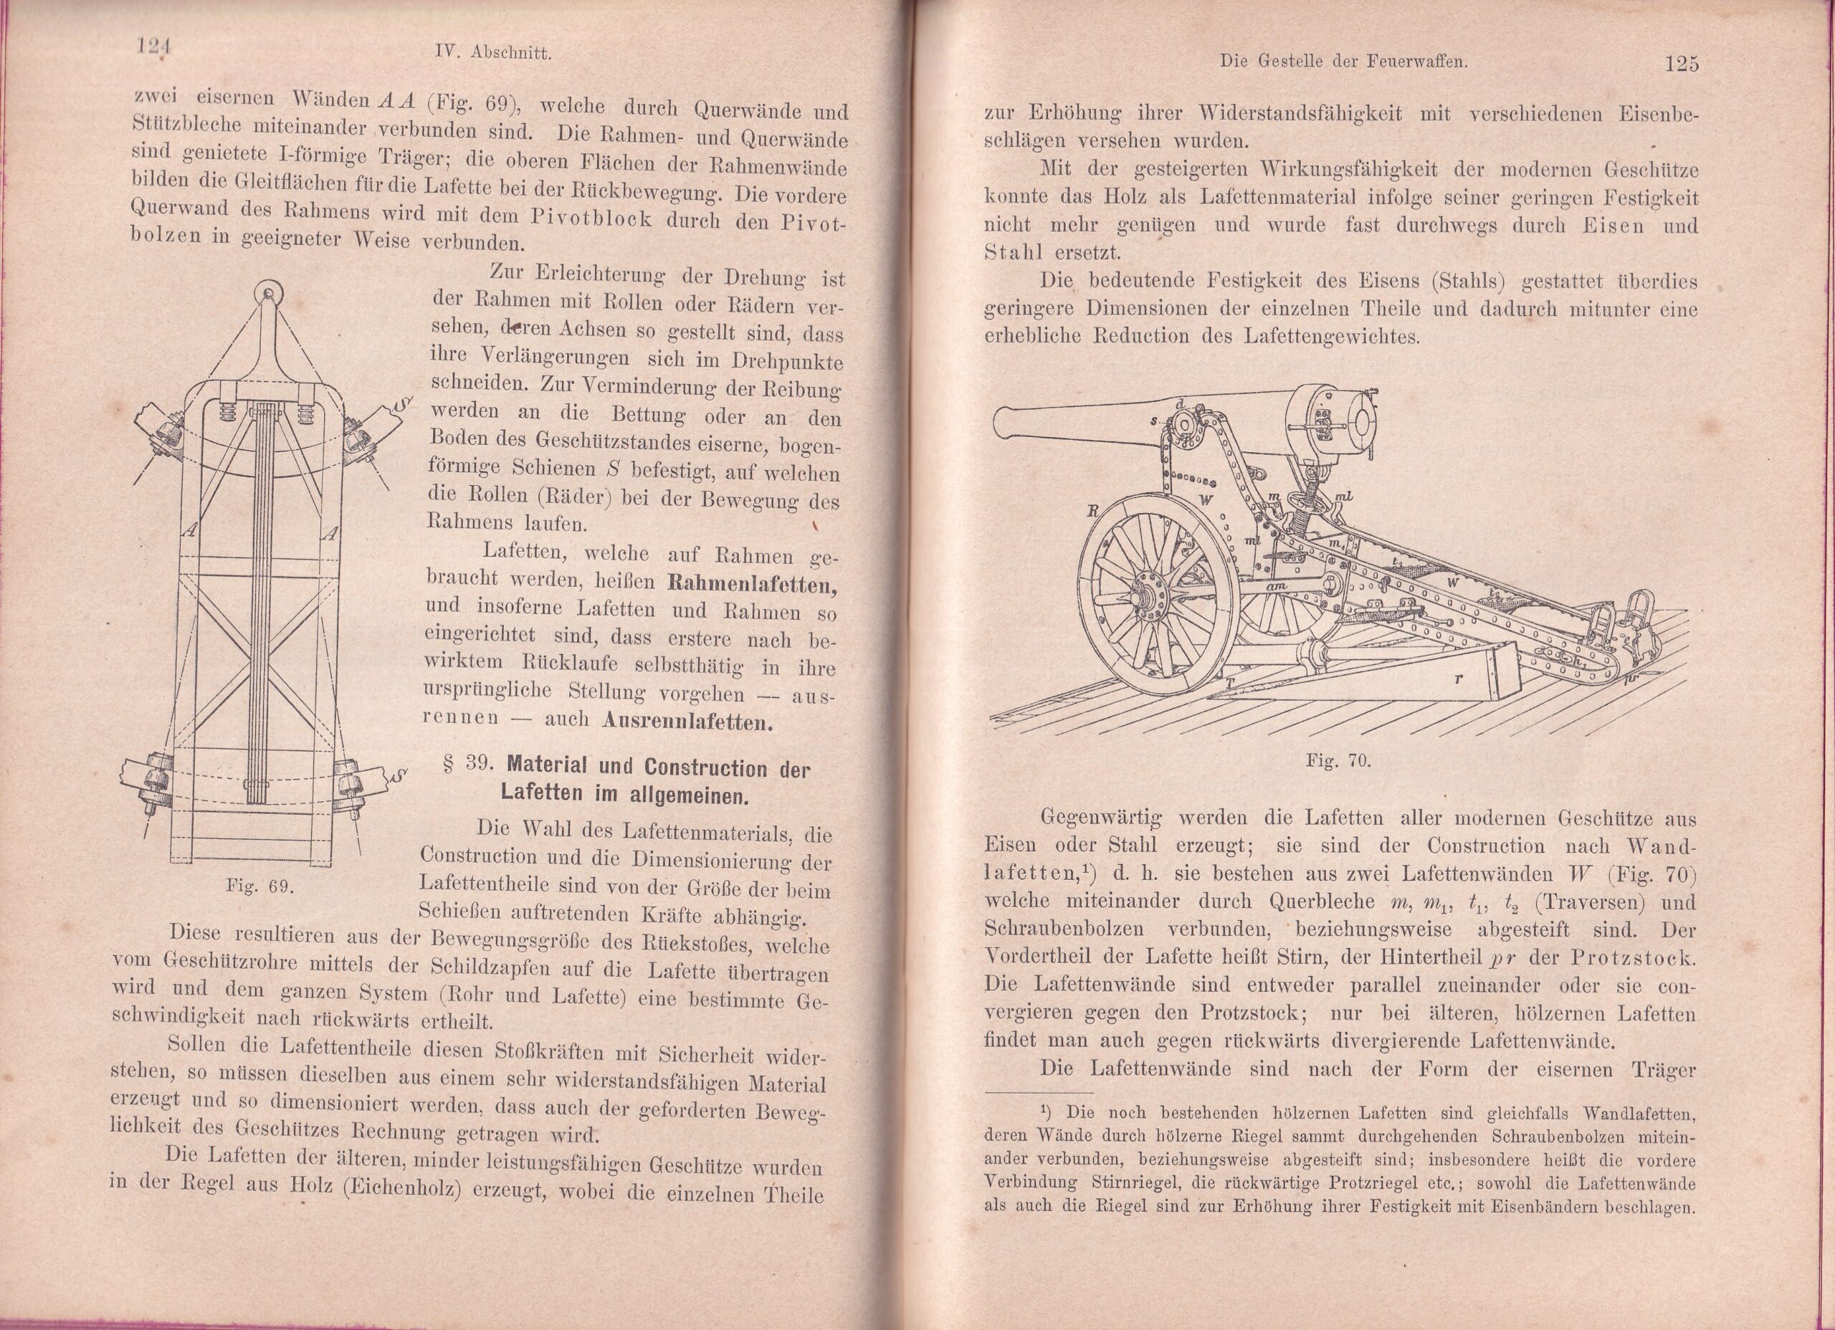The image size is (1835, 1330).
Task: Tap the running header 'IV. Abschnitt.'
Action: coord(492,54)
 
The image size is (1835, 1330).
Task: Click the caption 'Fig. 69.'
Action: coord(259,885)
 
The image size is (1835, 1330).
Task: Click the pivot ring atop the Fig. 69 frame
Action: coord(266,293)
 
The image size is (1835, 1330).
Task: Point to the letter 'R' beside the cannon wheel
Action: coord(1092,511)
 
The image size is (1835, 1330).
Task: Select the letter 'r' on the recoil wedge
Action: coord(1457,679)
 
